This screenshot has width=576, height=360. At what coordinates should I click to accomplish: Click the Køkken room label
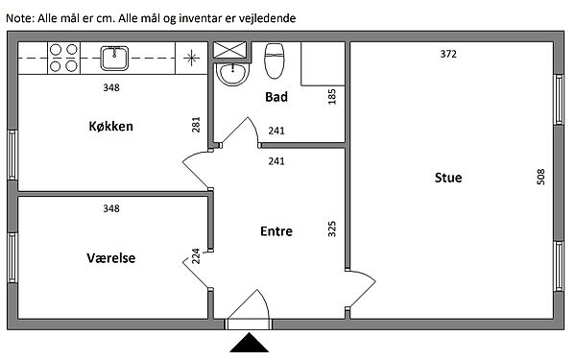(x=111, y=127)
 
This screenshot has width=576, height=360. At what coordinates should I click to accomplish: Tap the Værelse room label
(x=111, y=258)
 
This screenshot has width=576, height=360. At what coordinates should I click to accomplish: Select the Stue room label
(x=448, y=178)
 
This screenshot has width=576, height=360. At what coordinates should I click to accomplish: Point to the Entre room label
(x=276, y=231)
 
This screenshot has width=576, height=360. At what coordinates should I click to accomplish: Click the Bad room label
(x=276, y=97)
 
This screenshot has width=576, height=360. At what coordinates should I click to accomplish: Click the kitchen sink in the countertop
(x=114, y=58)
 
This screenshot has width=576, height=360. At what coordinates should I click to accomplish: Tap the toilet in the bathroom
(x=275, y=61)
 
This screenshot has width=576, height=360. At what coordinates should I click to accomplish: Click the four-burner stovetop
(x=63, y=58)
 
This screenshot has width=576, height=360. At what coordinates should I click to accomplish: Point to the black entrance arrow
(x=250, y=343)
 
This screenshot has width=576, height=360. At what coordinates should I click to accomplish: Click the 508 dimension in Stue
(x=540, y=177)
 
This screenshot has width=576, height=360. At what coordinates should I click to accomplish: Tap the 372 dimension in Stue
(x=448, y=54)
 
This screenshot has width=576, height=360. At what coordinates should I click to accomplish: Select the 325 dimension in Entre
(x=332, y=228)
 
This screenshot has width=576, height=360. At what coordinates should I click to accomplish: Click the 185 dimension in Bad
(x=332, y=97)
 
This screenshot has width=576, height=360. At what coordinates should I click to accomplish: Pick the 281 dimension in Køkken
(x=196, y=125)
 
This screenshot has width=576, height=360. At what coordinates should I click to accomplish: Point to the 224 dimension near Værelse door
(x=196, y=256)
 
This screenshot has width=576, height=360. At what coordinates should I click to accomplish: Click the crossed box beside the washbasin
(x=230, y=50)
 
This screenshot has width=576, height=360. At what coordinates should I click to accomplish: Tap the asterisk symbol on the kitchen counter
(x=191, y=58)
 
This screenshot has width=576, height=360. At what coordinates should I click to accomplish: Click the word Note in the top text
(x=20, y=18)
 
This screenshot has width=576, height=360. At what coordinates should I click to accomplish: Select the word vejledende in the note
(x=267, y=18)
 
